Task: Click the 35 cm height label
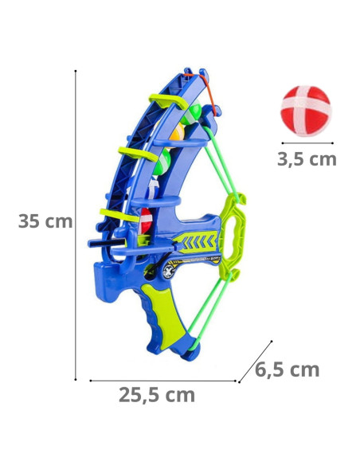pos(45,221)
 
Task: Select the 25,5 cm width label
pos(157,395)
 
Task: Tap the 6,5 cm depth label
pos(287,369)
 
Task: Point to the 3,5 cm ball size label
pos(307,159)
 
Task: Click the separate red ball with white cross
pos(306,111)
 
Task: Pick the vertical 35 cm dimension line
pos(76,225)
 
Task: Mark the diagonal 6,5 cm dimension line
pos(256,361)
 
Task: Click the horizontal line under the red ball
pos(307,143)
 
